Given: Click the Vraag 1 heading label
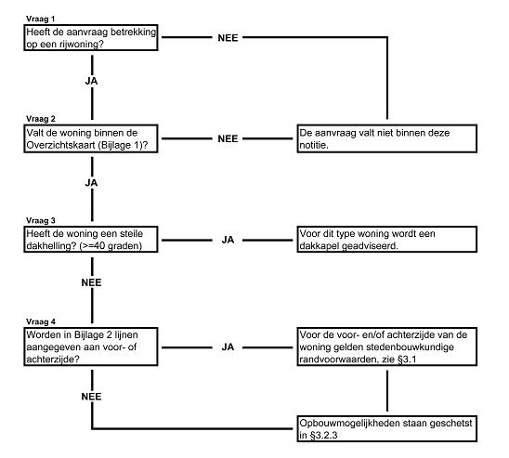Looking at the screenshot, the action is pyautogui.click(x=41, y=19).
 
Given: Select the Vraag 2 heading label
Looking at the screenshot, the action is pyautogui.click(x=41, y=119).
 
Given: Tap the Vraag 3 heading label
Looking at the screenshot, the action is pyautogui.click(x=41, y=220).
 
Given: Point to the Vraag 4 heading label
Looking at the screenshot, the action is pyautogui.click(x=41, y=321).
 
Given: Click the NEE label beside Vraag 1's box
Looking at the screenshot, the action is pyautogui.click(x=228, y=38).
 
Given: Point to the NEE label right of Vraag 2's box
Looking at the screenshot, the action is pyautogui.click(x=228, y=139).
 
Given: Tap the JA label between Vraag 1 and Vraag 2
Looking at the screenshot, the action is pyautogui.click(x=92, y=81).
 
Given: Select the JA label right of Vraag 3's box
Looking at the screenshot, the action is pyautogui.click(x=228, y=240).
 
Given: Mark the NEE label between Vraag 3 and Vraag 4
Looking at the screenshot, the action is pyautogui.click(x=92, y=282).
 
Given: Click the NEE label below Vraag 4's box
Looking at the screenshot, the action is pyautogui.click(x=92, y=397).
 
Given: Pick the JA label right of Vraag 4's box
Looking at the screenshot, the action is pyautogui.click(x=228, y=347).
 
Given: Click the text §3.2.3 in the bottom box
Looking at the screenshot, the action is pyautogui.click(x=323, y=436).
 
